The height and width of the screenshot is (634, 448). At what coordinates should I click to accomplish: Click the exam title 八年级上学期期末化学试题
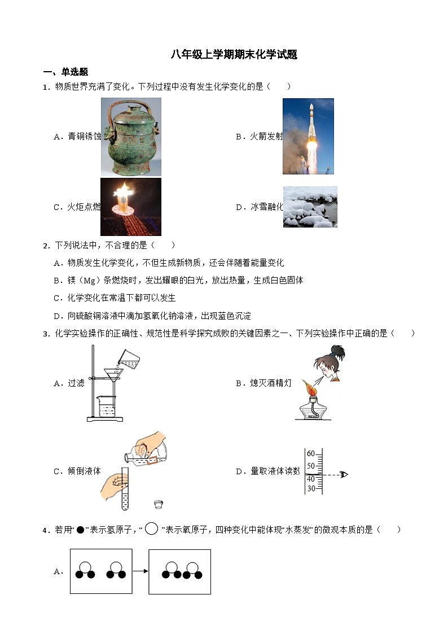[x=234, y=55]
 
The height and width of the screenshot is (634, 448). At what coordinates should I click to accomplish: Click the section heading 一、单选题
[x=66, y=72]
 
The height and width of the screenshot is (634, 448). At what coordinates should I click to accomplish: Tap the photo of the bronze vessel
[x=131, y=137]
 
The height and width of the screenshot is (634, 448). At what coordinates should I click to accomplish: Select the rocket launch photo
[x=308, y=136]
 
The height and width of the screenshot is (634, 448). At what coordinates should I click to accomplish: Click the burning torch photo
[x=131, y=207]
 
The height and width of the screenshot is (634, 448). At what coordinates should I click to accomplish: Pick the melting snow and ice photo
[x=310, y=207]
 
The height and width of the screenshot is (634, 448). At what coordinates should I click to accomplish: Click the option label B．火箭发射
[x=259, y=136]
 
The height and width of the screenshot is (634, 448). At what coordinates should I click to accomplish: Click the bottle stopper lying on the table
[x=159, y=503]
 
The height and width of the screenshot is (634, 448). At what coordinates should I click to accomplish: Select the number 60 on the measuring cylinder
[x=311, y=454]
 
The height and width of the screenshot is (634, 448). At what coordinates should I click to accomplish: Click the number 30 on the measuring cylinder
[x=311, y=489]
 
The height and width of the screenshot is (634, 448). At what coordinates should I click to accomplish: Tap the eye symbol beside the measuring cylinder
[x=344, y=474]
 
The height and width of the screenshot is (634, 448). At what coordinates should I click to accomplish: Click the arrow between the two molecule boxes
[x=140, y=571]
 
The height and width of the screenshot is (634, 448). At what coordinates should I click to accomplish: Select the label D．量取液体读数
[x=267, y=471]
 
